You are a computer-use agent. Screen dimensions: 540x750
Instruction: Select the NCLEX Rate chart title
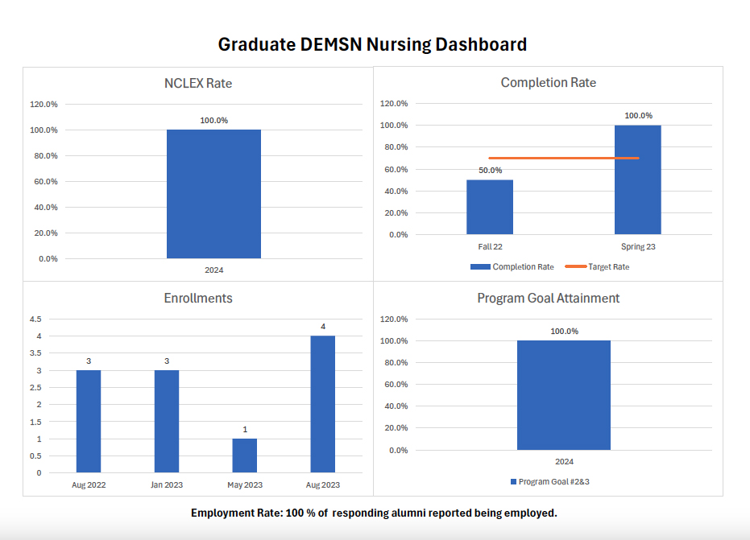click(198, 83)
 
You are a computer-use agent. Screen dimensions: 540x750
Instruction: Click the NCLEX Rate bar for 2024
click(213, 194)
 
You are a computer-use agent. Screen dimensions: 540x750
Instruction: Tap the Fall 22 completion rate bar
click(490, 207)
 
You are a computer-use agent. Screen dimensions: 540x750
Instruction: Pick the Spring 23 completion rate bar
click(637, 179)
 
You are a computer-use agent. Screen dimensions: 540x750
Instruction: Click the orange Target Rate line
click(564, 158)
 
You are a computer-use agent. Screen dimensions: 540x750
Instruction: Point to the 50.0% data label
click(490, 171)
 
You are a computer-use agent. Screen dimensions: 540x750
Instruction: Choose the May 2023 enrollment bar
click(245, 455)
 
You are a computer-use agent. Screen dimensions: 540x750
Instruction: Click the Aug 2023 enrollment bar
click(322, 404)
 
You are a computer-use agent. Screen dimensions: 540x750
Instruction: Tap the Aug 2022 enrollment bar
click(89, 421)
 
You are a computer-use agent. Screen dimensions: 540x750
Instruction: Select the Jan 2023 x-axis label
click(167, 485)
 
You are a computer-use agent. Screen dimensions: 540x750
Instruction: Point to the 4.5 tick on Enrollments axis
click(35, 319)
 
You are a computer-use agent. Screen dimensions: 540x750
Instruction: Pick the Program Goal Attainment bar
click(564, 395)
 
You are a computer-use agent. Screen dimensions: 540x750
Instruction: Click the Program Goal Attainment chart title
click(548, 298)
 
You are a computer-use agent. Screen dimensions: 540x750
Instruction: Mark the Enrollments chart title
click(198, 298)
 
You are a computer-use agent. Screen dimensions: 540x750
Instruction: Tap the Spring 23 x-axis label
click(637, 247)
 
